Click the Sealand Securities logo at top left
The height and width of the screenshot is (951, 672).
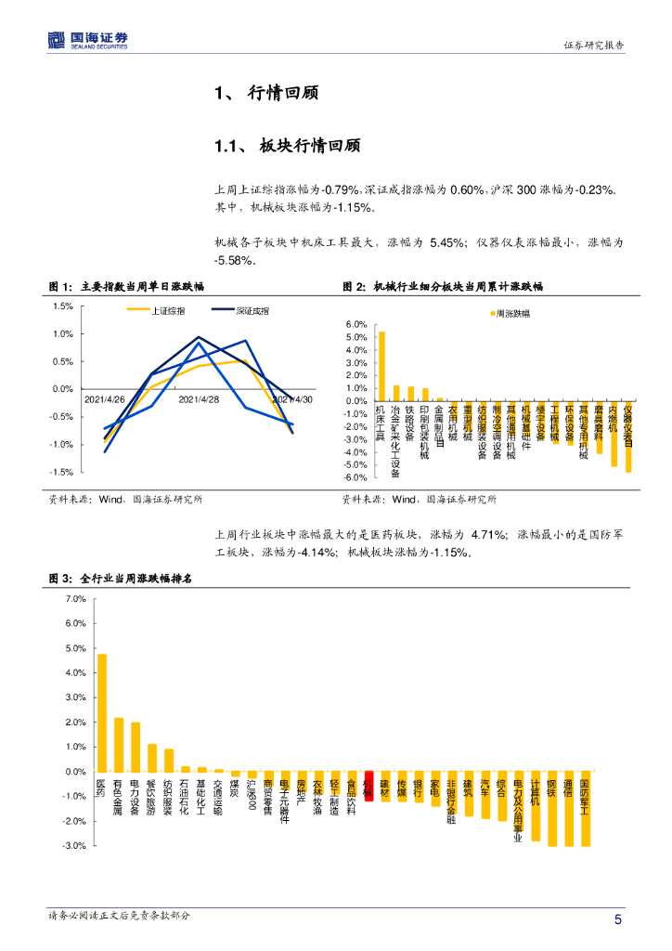88,40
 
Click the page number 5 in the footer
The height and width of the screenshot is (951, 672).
617,919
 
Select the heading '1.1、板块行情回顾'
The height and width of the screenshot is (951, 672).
287,146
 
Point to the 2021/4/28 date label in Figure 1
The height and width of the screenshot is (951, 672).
198,399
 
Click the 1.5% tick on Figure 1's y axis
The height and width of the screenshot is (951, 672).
63,306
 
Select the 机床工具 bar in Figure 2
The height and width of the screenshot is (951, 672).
381,366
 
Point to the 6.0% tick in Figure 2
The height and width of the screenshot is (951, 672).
357,324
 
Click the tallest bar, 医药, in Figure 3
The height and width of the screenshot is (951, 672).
102,712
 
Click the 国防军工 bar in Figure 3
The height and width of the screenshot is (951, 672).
585,809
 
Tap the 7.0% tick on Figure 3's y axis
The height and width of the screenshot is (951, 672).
74,599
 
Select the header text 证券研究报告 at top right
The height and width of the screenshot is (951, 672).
593,46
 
